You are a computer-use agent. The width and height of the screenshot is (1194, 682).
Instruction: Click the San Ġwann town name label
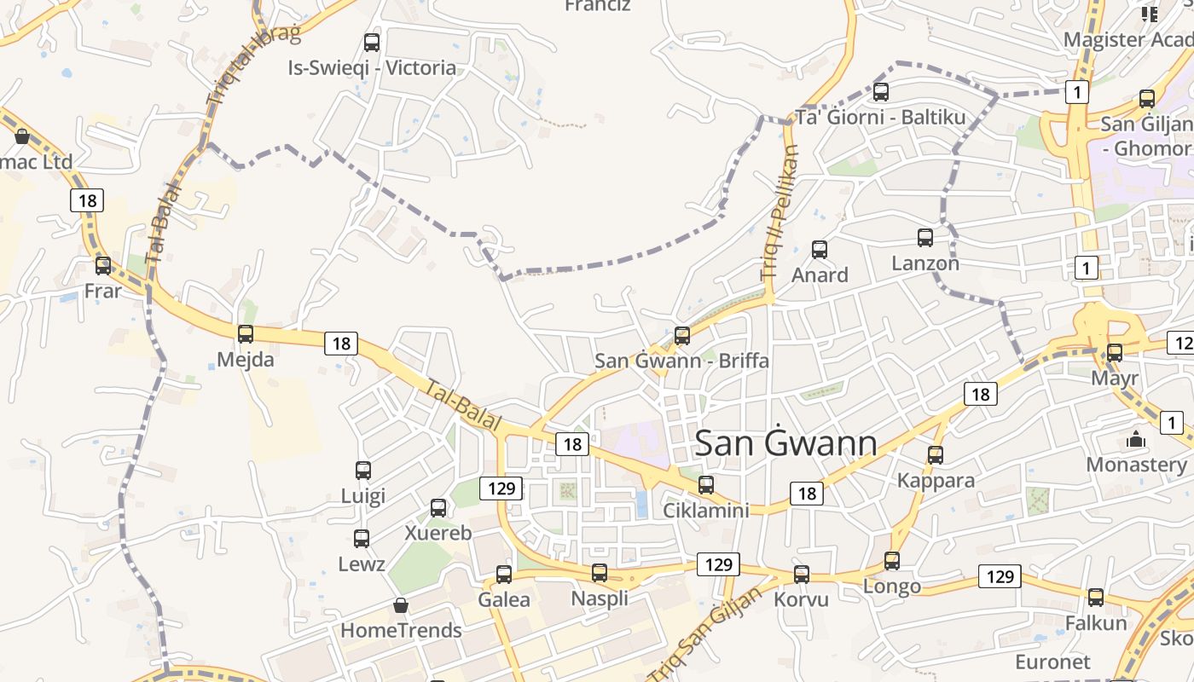click(x=785, y=443)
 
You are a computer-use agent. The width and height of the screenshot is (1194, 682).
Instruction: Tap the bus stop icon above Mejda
click(x=246, y=334)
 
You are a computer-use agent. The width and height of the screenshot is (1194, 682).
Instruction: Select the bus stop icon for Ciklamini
click(x=706, y=485)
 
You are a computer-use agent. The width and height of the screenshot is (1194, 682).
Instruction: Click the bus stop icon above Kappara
click(x=936, y=455)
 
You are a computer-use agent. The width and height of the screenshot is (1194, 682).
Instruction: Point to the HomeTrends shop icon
click(x=401, y=606)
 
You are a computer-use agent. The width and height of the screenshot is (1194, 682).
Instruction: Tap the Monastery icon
click(x=1136, y=440)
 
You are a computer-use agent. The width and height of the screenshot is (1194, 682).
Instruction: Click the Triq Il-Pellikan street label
click(x=780, y=213)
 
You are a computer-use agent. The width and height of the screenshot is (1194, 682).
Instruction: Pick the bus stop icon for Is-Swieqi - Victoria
click(x=372, y=42)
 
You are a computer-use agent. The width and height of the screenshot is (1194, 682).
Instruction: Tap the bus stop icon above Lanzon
click(x=925, y=238)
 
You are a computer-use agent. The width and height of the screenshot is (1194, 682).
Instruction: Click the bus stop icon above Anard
click(x=820, y=250)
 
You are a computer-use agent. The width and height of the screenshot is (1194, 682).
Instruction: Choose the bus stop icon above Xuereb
click(x=438, y=508)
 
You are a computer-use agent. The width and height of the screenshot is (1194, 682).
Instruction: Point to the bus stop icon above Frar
click(x=103, y=266)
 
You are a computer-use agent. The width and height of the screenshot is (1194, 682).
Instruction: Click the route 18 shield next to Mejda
click(x=341, y=344)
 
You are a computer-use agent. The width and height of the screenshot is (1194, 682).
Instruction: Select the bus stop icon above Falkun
click(x=1096, y=598)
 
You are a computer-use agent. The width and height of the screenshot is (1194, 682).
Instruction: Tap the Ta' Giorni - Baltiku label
click(x=881, y=117)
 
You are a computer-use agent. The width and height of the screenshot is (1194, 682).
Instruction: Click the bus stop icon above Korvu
click(x=802, y=575)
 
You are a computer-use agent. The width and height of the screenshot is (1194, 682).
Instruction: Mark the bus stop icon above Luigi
click(x=363, y=470)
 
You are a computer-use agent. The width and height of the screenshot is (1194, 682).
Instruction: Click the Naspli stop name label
click(x=600, y=598)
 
